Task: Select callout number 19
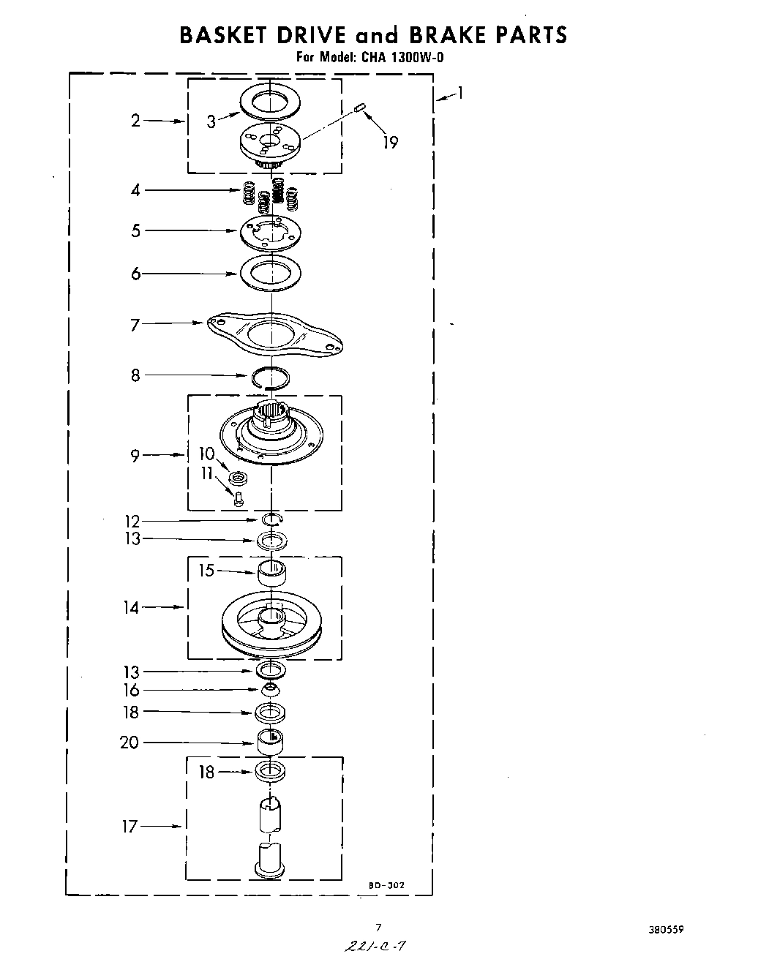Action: coord(391,142)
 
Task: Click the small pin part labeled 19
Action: coord(359,108)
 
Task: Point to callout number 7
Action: coord(135,324)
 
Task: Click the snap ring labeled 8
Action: coord(270,377)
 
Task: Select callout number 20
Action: coord(130,743)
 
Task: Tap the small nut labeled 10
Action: coord(237,478)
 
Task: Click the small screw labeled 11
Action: coord(239,498)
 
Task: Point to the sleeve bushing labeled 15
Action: coord(271,573)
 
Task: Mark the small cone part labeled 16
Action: coord(270,690)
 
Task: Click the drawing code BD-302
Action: coord(386,885)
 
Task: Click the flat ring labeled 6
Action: coord(271,273)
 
